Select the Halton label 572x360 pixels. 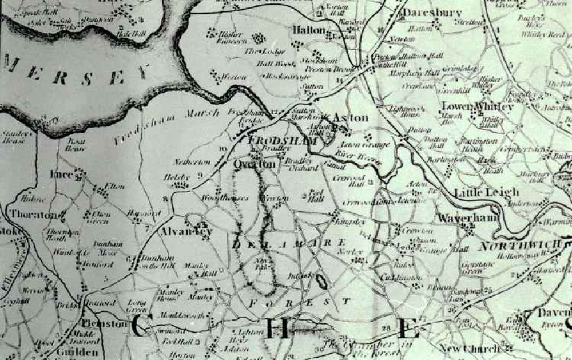(309, 29)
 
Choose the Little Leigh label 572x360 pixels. (486, 193)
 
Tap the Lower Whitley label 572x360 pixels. (478, 106)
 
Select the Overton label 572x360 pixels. (253, 164)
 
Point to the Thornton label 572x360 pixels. (32, 215)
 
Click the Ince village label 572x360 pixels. (62, 175)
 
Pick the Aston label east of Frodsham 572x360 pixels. (350, 117)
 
